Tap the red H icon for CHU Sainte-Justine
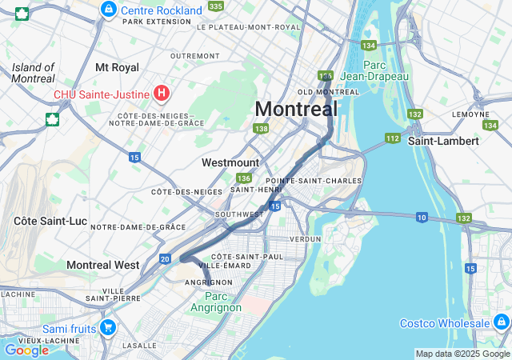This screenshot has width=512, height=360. pyautogui.click(x=161, y=94)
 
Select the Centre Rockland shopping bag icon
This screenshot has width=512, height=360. pyautogui.click(x=108, y=10)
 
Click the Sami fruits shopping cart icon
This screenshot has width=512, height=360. pyautogui.click(x=108, y=328)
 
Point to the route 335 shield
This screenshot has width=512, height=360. pyautogui.click(x=215, y=6)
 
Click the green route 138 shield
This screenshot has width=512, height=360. pyautogui.click(x=260, y=129)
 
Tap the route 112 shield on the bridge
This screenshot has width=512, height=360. pyautogui.click(x=392, y=138)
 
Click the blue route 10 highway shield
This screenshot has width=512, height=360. pyautogui.click(x=421, y=218)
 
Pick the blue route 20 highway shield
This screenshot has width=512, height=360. pyautogui.click(x=165, y=258)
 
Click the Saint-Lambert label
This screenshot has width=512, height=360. pyautogui.click(x=443, y=141)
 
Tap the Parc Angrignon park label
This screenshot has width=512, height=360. pyautogui.click(x=211, y=302)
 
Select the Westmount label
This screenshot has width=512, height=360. pyautogui.click(x=230, y=162)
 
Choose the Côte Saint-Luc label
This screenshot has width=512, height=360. pyautogui.click(x=44, y=220)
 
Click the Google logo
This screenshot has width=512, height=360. pyautogui.click(x=26, y=350)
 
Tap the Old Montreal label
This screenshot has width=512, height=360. pyautogui.click(x=328, y=92)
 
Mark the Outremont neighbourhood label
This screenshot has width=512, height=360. pyautogui.click(x=194, y=56)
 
